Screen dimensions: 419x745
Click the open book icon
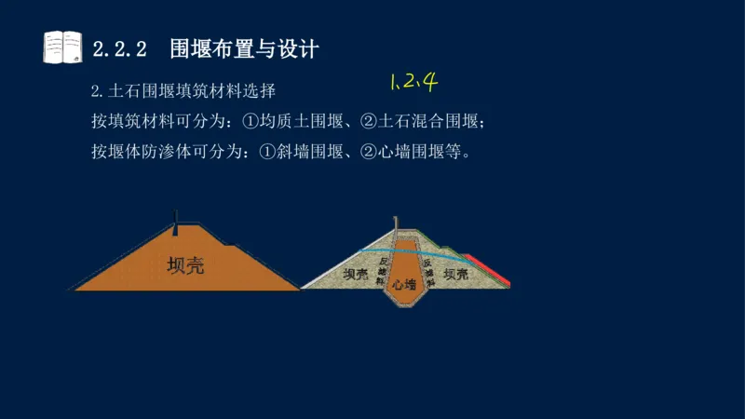click(x=63, y=47)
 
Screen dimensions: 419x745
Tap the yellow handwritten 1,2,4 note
click(x=413, y=82)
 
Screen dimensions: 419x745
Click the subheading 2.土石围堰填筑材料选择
click(x=183, y=92)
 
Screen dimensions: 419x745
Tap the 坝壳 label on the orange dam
click(x=185, y=264)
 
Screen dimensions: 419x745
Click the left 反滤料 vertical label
click(x=382, y=269)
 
